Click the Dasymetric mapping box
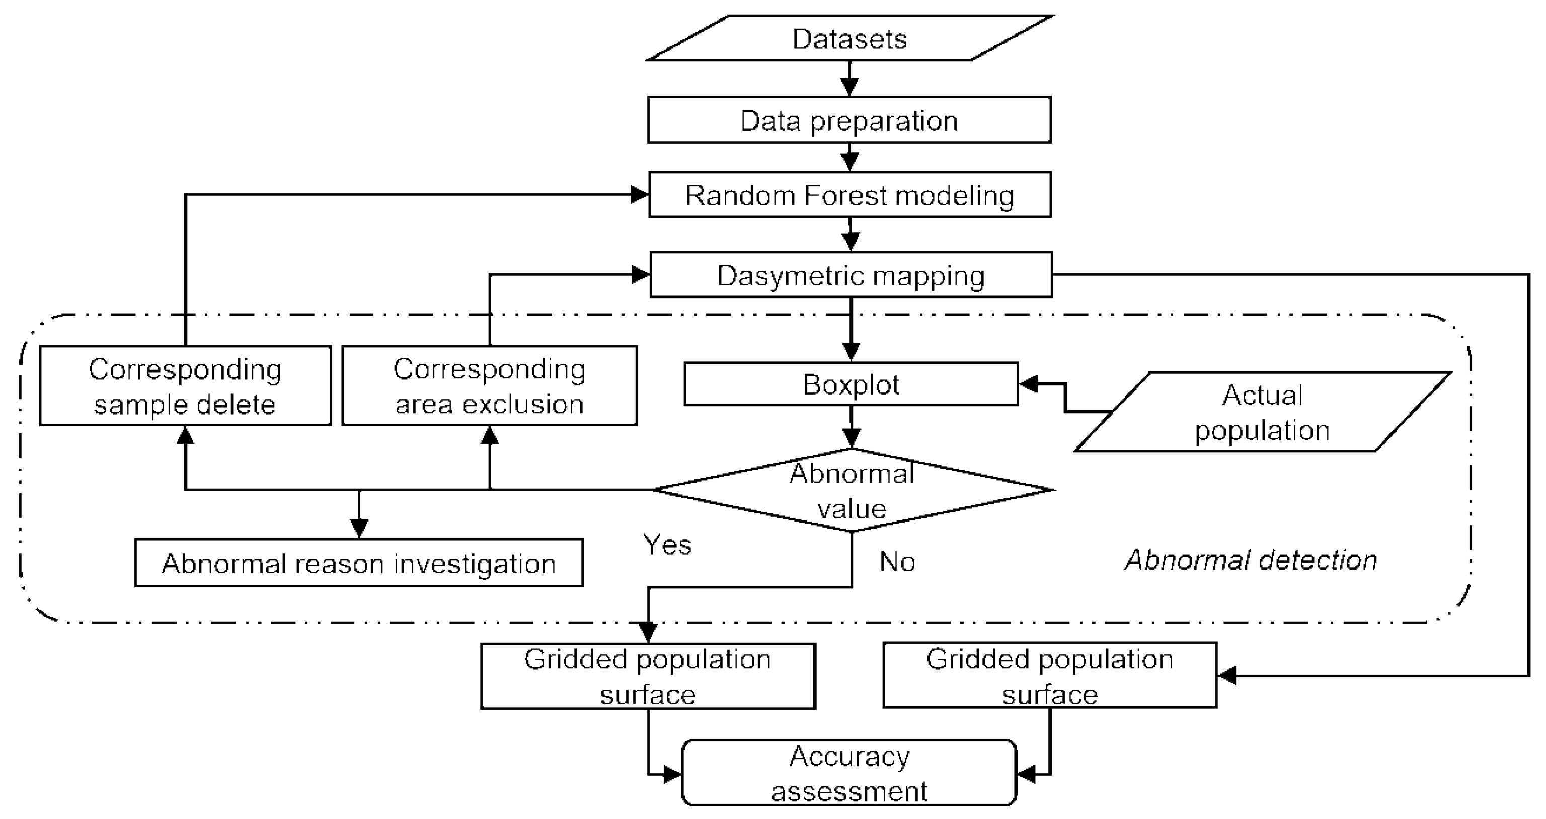coord(851,275)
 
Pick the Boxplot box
coord(851,384)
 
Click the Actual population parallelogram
coord(1262,412)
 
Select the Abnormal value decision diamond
coord(852,490)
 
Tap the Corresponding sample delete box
coord(185,386)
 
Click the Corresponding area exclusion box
coord(489,386)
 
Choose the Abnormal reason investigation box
coord(358,563)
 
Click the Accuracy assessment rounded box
coord(849,773)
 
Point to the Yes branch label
coord(667,545)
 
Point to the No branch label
coord(897,562)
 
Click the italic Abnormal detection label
coord(1251,560)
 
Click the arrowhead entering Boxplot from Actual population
coord(1029,383)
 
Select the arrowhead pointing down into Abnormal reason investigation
coord(359,529)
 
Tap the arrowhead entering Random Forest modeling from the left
coord(639,194)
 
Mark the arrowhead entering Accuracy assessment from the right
coord(1027,774)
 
